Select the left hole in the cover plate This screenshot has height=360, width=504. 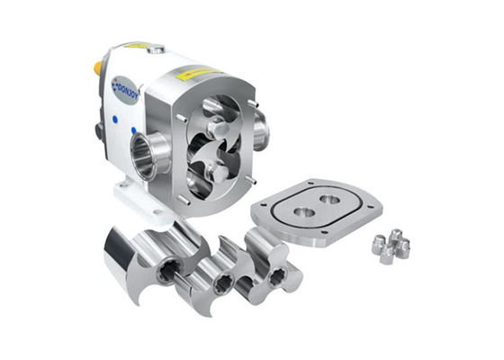coord(304,213)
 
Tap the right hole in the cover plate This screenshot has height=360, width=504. coord(331,200)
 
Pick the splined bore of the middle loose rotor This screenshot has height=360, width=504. coord(221,284)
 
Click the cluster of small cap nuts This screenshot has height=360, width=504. coord(391,246)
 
